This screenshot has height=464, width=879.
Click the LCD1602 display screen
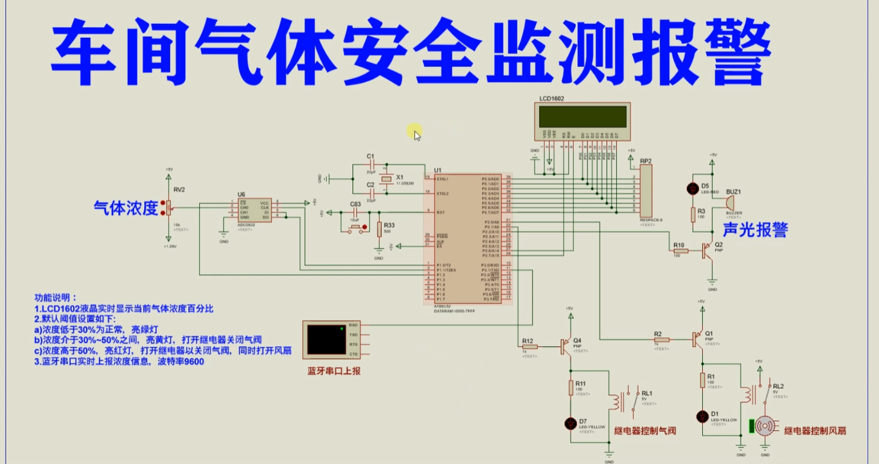point(583,117)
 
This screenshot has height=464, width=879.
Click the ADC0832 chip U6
point(254,209)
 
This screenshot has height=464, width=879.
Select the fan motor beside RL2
point(765,426)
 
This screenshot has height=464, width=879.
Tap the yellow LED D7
point(570,423)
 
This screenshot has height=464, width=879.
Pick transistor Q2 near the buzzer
point(707,250)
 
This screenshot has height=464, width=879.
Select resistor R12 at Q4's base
point(529,346)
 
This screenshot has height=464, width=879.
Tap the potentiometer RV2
point(170,208)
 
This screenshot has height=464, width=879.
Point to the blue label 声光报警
point(755,230)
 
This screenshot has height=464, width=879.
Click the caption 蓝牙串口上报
point(334,371)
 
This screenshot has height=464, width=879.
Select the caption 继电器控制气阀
point(645,431)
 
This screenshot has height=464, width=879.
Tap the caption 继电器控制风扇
point(815,431)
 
